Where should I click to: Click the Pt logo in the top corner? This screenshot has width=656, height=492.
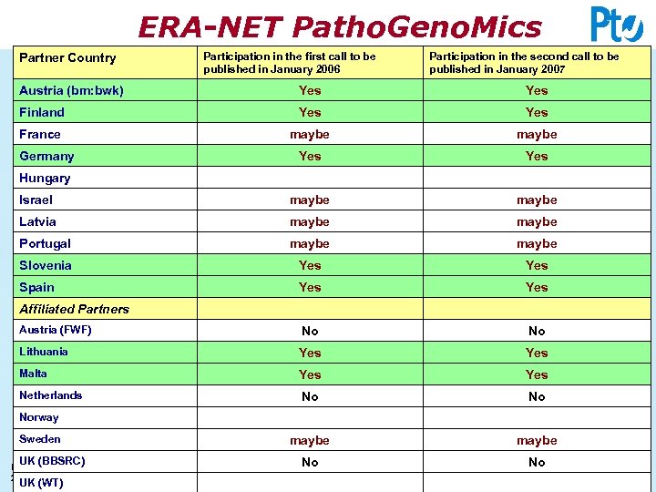(x=617, y=25)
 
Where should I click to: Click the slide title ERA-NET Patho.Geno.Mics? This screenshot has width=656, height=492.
(x=339, y=27)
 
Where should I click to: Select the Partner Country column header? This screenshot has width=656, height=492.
(x=68, y=58)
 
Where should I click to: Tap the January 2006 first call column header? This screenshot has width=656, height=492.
(x=290, y=63)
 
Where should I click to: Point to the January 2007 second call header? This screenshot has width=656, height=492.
(x=524, y=63)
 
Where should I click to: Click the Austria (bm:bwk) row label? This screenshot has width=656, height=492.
(x=71, y=90)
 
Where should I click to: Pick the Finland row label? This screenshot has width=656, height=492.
(x=42, y=112)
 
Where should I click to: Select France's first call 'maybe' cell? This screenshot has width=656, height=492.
(x=310, y=134)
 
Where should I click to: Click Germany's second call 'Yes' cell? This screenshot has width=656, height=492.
(x=537, y=156)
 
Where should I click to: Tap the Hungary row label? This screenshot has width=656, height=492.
(x=45, y=178)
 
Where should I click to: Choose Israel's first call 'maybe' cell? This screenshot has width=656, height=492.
(x=310, y=200)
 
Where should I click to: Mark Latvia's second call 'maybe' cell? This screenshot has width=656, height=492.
(x=537, y=221)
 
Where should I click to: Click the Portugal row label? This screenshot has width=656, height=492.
(x=45, y=243)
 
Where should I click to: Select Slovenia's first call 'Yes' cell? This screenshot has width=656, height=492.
(x=310, y=265)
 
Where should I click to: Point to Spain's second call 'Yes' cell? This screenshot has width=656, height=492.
(x=537, y=287)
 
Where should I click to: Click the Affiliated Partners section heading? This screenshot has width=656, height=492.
(x=74, y=309)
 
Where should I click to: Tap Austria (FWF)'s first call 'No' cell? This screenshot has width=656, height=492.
(x=310, y=331)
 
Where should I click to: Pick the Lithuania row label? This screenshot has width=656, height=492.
(x=44, y=352)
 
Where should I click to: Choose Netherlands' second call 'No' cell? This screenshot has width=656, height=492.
(x=537, y=396)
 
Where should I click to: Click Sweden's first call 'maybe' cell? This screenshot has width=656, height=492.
(x=310, y=440)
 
